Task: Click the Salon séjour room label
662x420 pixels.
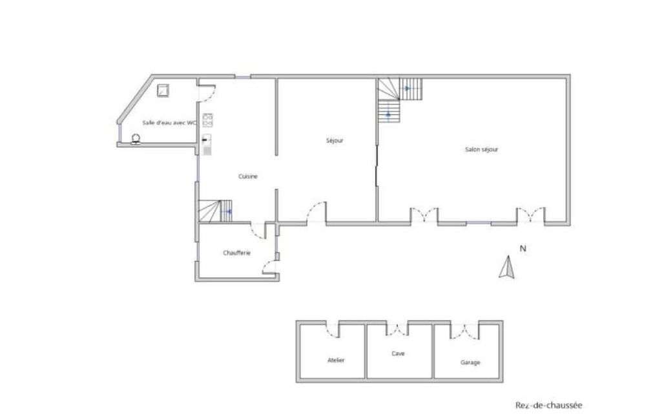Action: (x=481, y=149)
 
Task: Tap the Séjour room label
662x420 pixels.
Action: (x=335, y=141)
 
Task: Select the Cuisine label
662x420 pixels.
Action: (x=248, y=176)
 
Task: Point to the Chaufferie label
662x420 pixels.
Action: (x=236, y=253)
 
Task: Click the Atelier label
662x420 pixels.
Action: (x=336, y=361)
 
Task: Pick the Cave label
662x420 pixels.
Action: (x=398, y=353)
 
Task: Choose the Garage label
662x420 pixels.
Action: (x=470, y=362)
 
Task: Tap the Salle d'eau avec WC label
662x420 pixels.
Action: (x=169, y=123)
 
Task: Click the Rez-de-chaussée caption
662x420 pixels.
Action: (x=548, y=406)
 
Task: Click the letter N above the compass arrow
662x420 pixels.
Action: (x=522, y=249)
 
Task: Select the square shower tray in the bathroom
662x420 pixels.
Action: (x=163, y=90)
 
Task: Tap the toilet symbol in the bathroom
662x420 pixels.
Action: (x=136, y=138)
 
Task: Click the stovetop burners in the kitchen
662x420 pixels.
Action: (x=207, y=120)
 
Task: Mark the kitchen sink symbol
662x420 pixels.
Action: (x=207, y=145)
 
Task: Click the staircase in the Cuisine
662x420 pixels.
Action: (x=215, y=211)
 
